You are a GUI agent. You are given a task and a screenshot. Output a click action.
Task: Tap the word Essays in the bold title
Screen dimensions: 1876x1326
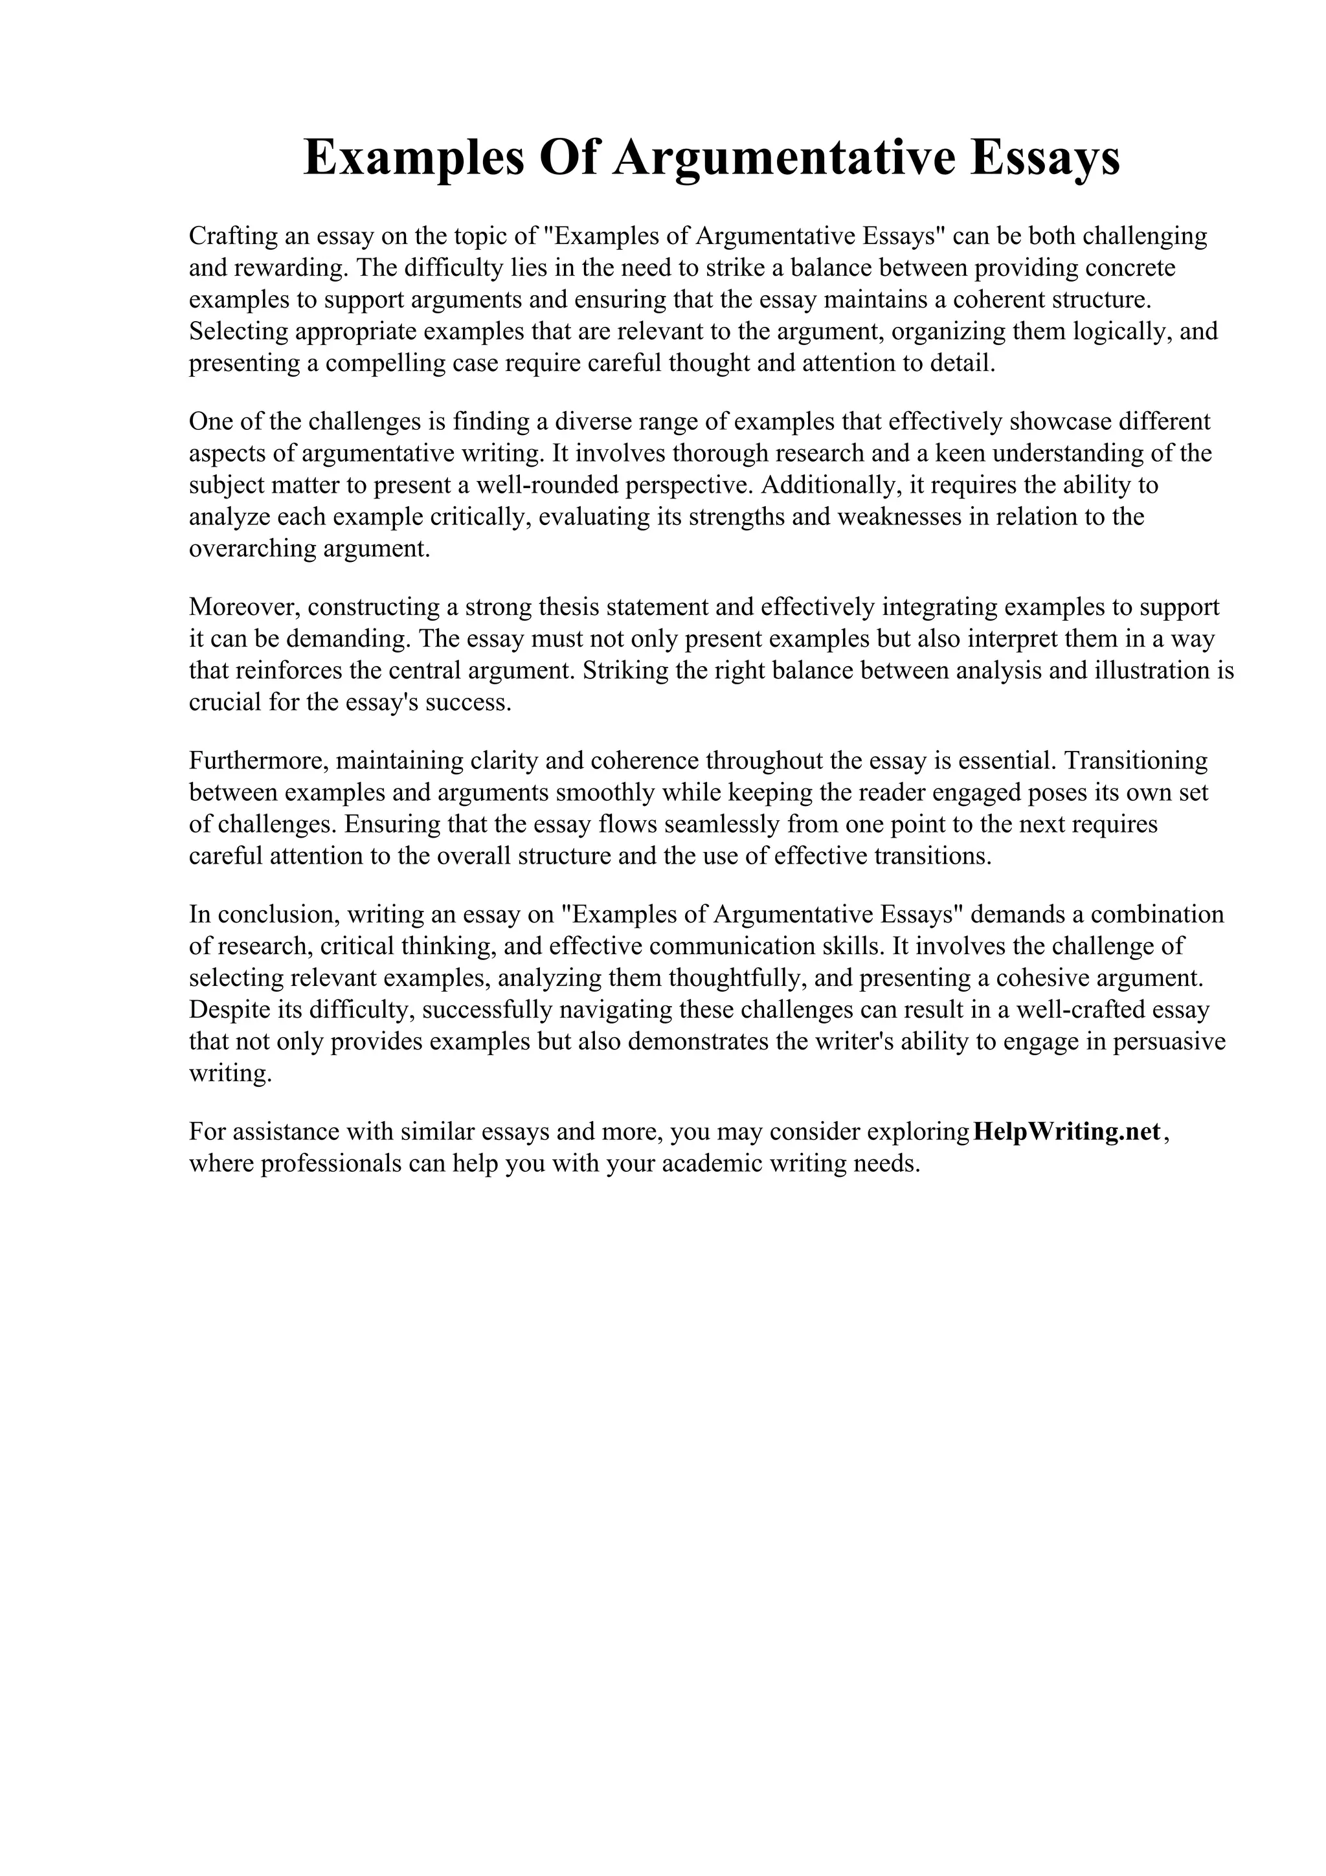point(1045,158)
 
